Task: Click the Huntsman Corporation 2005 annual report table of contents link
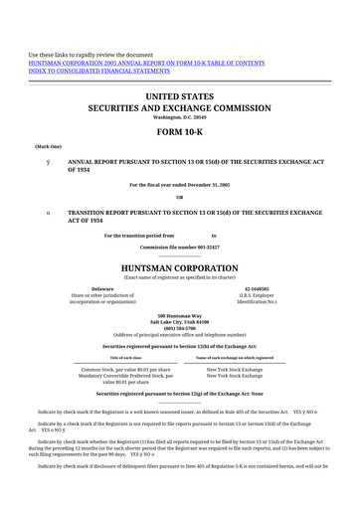[146, 62]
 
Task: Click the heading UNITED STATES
[180, 96]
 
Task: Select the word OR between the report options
[180, 197]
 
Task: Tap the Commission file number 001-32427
[180, 245]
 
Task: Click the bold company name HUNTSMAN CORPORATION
[180, 267]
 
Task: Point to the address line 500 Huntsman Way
[180, 315]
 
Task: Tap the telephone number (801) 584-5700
[180, 329]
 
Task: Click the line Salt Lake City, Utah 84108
[180, 322]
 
